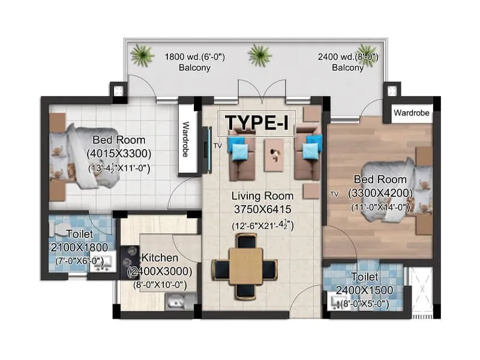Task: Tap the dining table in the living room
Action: (245, 266)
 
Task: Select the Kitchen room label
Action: (160, 258)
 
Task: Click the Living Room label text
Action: (263, 196)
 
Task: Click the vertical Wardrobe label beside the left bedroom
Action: (186, 141)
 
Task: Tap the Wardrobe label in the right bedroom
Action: (411, 112)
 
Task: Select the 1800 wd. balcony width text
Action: (194, 58)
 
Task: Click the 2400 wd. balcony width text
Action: (347, 58)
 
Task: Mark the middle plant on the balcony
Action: (259, 55)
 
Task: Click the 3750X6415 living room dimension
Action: (263, 209)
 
